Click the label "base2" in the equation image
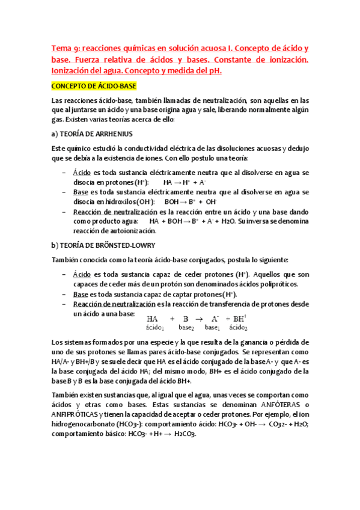tap(186, 328)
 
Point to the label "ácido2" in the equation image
tap(239, 328)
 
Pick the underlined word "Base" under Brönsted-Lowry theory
tap(81, 295)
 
